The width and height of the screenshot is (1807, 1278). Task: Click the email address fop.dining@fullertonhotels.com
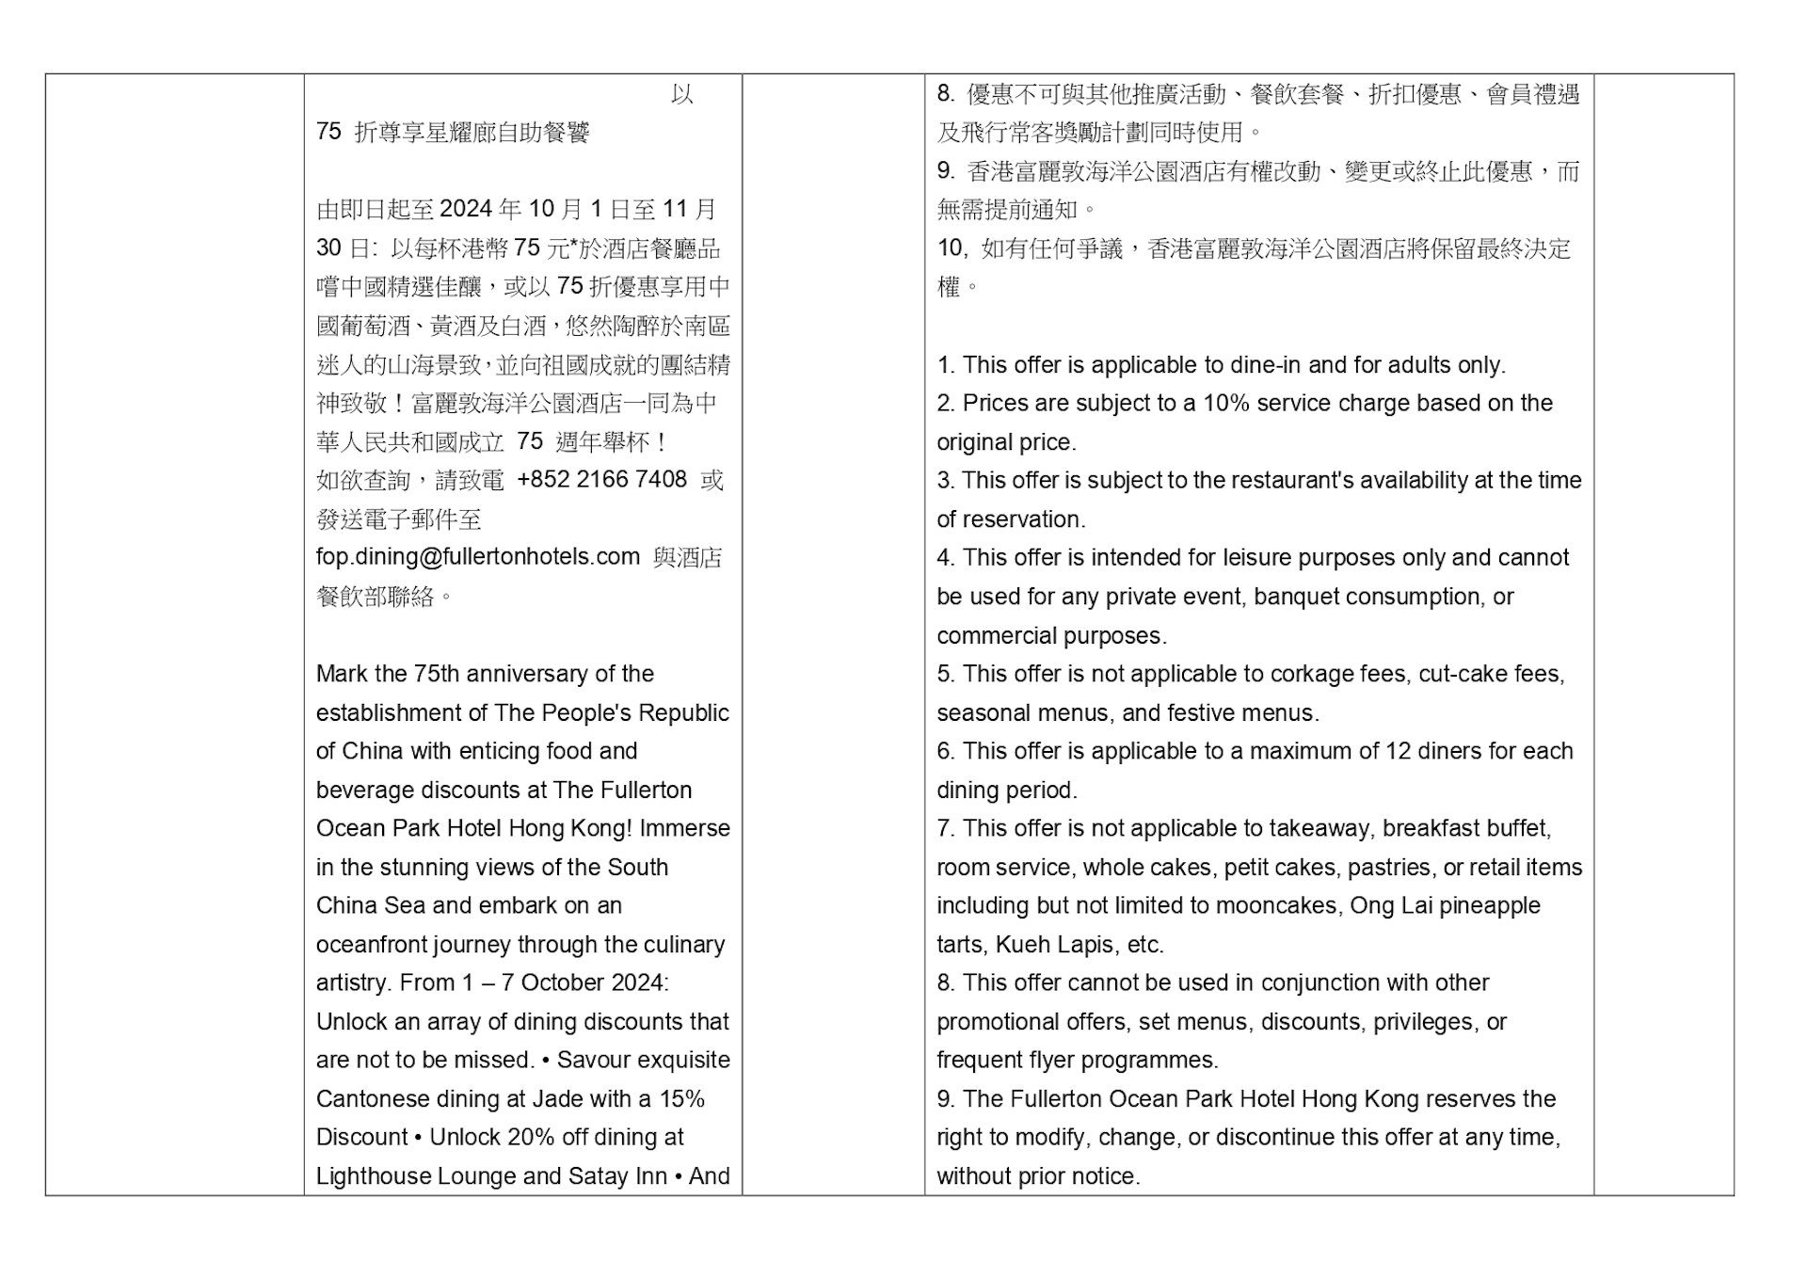[x=477, y=557]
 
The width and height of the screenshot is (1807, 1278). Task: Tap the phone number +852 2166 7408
[x=601, y=480]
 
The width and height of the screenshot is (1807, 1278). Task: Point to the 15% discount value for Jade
[x=682, y=1099]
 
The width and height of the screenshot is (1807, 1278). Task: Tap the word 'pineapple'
[x=1489, y=906]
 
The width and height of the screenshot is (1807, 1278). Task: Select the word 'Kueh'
[x=1020, y=945]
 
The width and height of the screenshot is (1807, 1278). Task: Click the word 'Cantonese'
[x=371, y=1099]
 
